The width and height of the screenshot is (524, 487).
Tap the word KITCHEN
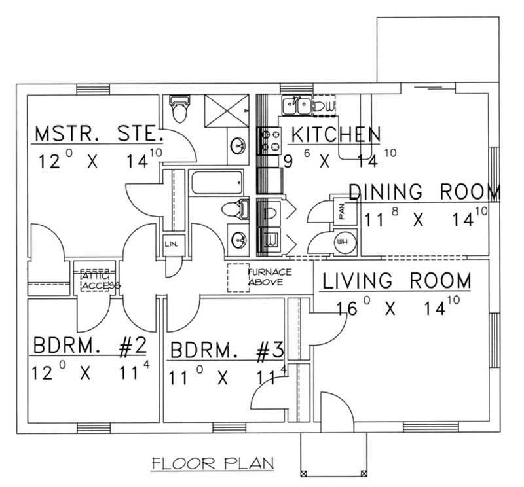[x=335, y=134]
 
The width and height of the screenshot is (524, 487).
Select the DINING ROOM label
[x=424, y=192]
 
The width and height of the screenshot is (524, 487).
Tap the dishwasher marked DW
[x=325, y=105]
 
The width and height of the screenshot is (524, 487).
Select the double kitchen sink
[x=297, y=105]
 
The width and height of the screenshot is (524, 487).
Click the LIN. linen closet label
[x=172, y=244]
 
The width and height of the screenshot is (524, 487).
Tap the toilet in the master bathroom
[x=178, y=109]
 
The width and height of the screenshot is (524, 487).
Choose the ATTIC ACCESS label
[x=98, y=281]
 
